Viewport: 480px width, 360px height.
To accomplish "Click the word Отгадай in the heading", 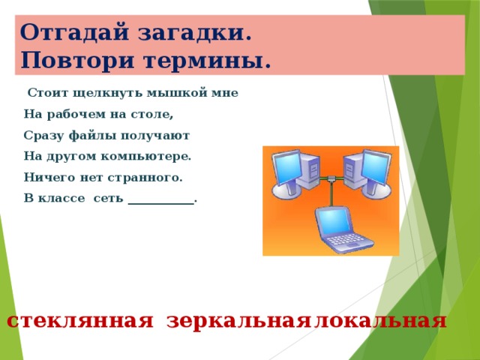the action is [74, 32].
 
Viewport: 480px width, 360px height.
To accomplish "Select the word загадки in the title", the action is [191, 33].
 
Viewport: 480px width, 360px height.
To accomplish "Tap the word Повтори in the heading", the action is [78, 60].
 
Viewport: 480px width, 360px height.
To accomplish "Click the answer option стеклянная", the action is [80, 322].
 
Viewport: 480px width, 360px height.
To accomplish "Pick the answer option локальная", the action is [380, 322].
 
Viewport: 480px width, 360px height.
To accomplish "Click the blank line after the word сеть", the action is [161, 203].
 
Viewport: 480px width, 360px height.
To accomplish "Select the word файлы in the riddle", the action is [93, 135].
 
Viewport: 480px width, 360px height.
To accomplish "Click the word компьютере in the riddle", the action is [144, 157].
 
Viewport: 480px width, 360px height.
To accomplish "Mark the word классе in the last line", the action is [61, 198].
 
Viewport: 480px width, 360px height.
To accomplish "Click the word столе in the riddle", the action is [150, 114].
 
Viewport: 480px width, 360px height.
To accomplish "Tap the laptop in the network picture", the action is [343, 229].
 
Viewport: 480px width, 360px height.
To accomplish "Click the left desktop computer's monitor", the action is [286, 168].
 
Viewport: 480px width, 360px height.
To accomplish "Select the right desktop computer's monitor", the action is [376, 168].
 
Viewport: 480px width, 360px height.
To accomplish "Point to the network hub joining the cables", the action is [331, 178].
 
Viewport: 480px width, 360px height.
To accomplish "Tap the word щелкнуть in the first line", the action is [109, 93].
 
